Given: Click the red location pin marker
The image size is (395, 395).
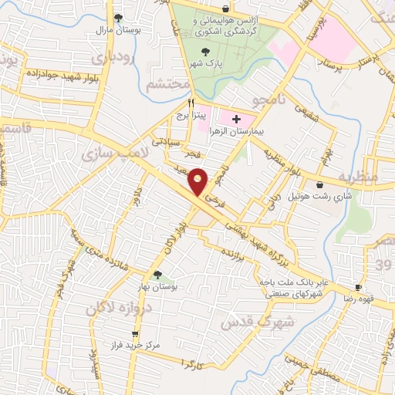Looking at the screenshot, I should tap(198, 182).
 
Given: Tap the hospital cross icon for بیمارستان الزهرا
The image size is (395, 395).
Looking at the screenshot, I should tap(236, 120).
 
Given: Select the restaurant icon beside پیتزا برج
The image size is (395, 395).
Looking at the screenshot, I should tap(191, 102).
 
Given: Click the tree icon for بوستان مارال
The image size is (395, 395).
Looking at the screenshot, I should tap(117, 17).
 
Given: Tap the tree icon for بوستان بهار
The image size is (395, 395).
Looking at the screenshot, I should tap(157, 275).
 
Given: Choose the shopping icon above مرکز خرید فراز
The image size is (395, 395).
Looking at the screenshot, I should tap(135, 335).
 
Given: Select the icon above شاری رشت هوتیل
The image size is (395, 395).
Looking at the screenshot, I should tap(320, 184).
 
